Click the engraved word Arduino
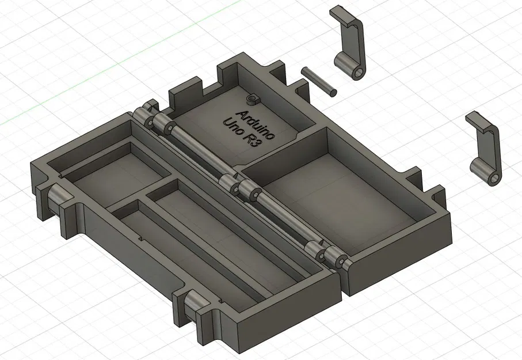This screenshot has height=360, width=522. click(256, 122)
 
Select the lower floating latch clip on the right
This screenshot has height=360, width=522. click(485, 148)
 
